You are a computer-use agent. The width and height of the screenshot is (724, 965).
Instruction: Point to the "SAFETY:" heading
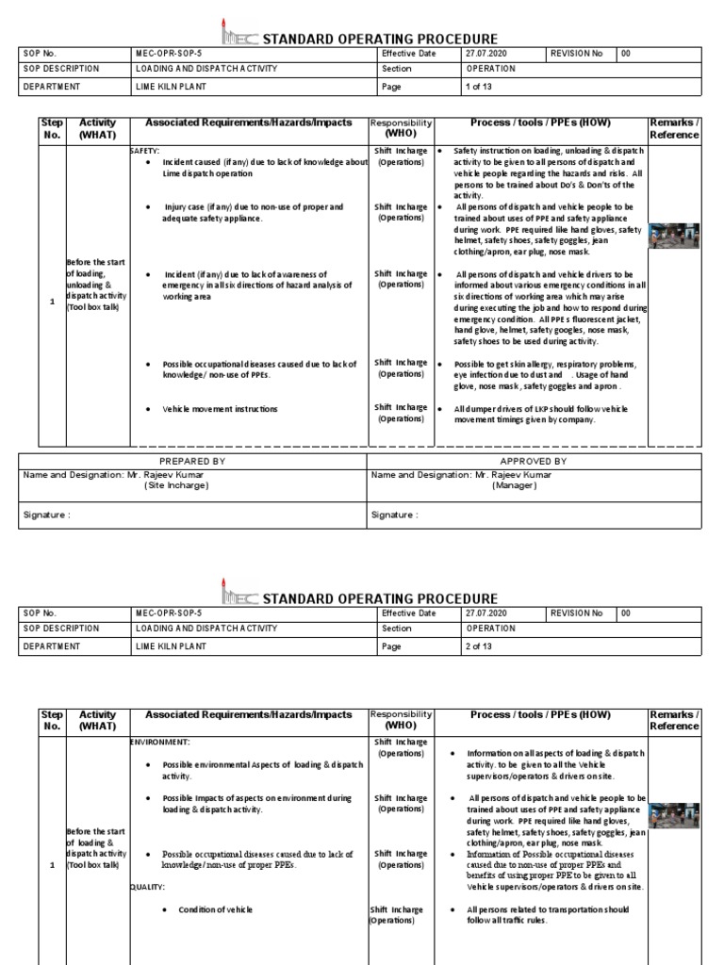145,151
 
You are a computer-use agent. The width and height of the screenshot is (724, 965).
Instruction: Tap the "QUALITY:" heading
148,887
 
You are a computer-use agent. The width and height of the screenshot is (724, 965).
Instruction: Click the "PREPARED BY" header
192,461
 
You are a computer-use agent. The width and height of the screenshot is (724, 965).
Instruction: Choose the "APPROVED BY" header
533,461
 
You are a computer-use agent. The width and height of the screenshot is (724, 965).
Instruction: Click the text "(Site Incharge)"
176,485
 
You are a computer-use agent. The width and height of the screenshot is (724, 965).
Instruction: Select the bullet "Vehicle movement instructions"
220,409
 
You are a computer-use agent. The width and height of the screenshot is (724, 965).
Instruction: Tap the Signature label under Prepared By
46,515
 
